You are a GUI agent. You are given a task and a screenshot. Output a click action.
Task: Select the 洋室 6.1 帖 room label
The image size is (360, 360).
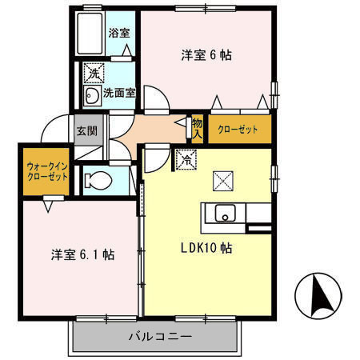click(82, 255)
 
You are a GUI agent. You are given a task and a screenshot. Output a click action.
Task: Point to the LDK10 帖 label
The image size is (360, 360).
click(205, 248)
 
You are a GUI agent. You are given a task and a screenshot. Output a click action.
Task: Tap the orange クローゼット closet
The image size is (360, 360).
click(238, 129)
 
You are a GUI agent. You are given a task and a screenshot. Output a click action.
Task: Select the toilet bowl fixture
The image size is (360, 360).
click(97, 180)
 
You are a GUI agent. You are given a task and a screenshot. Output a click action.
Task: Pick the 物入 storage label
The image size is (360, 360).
click(197, 128)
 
